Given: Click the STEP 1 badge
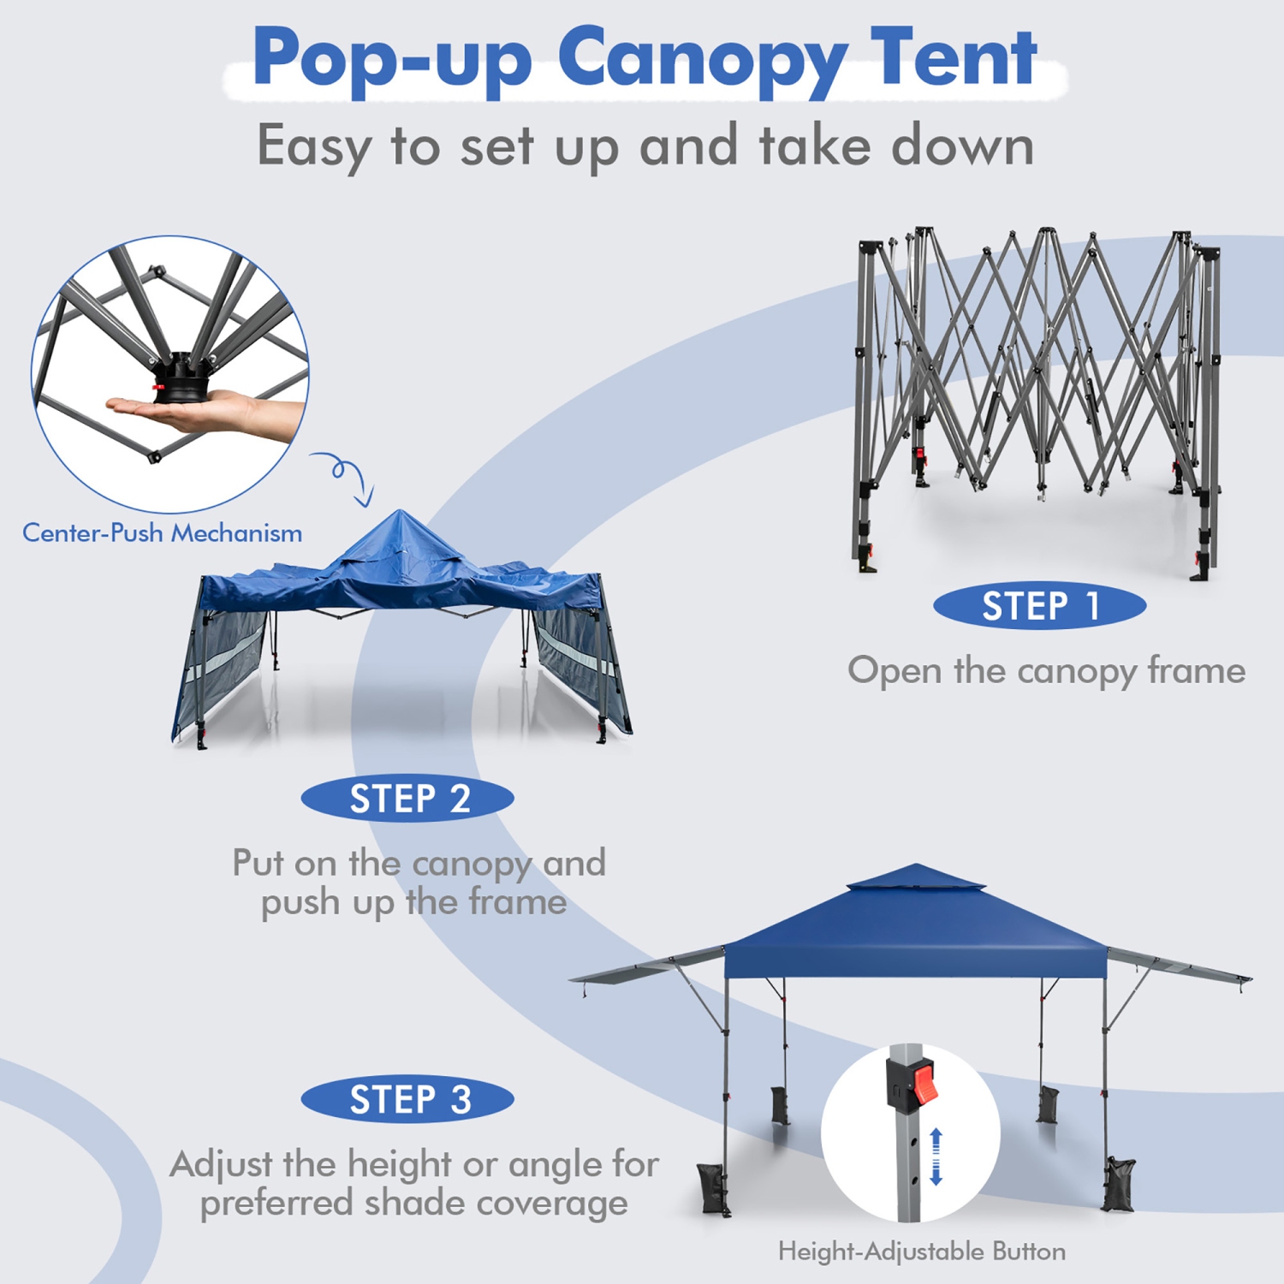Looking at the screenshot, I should pos(1039,607).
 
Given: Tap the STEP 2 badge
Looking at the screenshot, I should pos(407,799).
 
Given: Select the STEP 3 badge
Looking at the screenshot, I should pos(407,1099).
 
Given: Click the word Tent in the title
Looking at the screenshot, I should pos(953,58).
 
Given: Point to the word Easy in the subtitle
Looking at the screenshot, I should pos(313,146).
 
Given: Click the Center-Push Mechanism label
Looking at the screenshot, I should pos(162,533).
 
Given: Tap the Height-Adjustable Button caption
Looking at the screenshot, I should pos(922,1251).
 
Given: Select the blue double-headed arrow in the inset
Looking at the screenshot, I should pos(936,1156).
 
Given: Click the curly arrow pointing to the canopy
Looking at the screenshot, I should pos(347,476).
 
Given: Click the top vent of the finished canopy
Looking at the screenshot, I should pos(916,878).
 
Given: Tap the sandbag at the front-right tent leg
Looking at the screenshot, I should pos(1120,1185).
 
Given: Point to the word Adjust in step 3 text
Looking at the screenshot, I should pos(220,1165).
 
